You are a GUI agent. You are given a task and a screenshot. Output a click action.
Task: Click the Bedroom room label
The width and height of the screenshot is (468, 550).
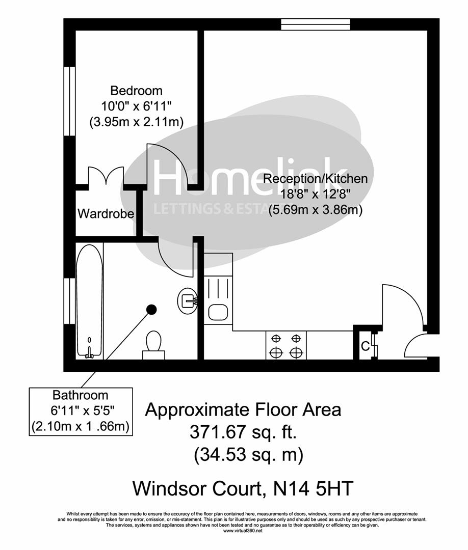pos(137,91)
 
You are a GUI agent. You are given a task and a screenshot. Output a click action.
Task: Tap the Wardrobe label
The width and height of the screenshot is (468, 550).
pos(106,213)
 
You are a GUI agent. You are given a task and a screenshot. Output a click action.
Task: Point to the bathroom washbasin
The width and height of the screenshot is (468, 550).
pos(188,300)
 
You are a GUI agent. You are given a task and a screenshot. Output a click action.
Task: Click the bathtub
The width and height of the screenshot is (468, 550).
pos(89,300)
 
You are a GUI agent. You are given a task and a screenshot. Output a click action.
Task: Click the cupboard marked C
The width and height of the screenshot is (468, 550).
pos(365,346)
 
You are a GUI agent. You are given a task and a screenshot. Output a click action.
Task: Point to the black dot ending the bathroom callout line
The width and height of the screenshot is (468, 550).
pos(151,309)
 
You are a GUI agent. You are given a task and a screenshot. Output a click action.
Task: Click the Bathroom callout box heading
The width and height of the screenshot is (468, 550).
pos(81,395)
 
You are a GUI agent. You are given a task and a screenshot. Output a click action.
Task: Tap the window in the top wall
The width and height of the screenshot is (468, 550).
pos(316,24)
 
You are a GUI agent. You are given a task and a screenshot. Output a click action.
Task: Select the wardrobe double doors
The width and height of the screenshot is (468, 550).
pos(106,176)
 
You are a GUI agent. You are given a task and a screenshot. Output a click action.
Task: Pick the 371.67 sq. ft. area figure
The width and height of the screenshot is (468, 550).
pos(243,432)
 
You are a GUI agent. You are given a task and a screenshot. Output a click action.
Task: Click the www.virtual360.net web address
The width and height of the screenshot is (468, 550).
pos(243,531)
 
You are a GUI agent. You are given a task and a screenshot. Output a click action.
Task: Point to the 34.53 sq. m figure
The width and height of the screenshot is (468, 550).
pos(248,455)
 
